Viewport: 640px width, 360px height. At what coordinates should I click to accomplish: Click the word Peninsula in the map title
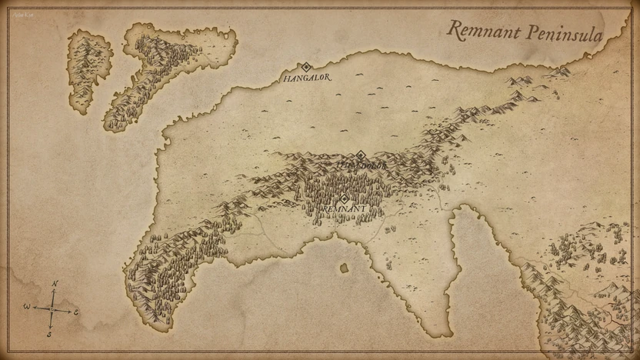[x=565, y=32]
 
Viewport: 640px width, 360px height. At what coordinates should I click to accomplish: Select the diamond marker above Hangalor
[x=305, y=67]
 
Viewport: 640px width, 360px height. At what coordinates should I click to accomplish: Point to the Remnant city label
[x=343, y=208]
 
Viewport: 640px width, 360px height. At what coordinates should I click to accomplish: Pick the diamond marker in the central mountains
[x=360, y=155]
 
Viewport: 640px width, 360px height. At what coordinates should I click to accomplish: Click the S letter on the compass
[x=49, y=334]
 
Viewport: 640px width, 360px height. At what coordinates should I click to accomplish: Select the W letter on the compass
[x=26, y=307]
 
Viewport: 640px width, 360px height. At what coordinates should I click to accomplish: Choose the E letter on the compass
[x=76, y=312]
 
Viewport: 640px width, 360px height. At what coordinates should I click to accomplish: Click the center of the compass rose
[x=52, y=309]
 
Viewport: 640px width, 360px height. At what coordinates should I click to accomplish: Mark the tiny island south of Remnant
[x=343, y=268]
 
